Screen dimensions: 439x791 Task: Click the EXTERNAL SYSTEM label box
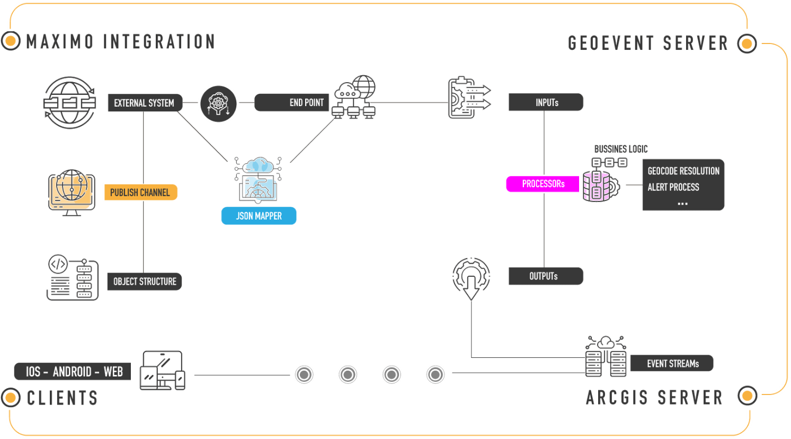(x=144, y=103)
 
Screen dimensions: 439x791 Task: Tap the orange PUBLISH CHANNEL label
(x=140, y=192)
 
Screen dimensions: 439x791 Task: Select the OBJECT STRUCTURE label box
(x=145, y=282)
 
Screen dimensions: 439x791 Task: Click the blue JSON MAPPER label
(x=259, y=216)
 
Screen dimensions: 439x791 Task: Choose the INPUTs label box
(x=546, y=102)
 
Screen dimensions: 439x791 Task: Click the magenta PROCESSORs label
(x=543, y=184)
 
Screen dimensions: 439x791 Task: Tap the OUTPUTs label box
(x=545, y=276)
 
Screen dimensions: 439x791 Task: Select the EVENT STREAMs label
(x=672, y=364)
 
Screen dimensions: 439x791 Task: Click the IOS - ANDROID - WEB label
(x=73, y=372)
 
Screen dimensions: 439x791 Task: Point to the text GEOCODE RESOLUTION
(x=683, y=171)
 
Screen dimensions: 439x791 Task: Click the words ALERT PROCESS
(x=673, y=187)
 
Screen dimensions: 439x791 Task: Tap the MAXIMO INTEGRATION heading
(x=121, y=41)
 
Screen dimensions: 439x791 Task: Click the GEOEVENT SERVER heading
(x=647, y=43)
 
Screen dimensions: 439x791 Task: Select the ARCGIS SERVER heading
(x=654, y=397)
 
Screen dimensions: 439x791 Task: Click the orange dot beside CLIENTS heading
(x=10, y=397)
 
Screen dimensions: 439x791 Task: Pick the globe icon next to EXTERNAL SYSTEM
(x=70, y=103)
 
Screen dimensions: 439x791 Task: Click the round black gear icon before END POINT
(x=218, y=103)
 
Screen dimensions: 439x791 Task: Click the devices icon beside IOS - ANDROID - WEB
(x=163, y=371)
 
